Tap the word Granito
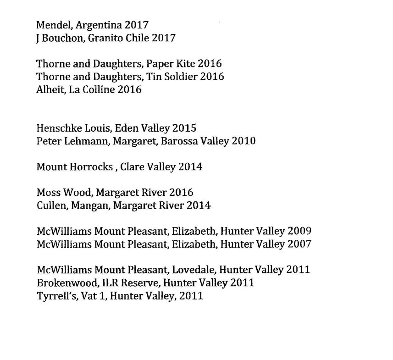tap(108, 38)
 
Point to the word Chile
tap(139, 38)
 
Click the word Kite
tap(186, 64)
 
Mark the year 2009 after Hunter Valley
tap(299, 231)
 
